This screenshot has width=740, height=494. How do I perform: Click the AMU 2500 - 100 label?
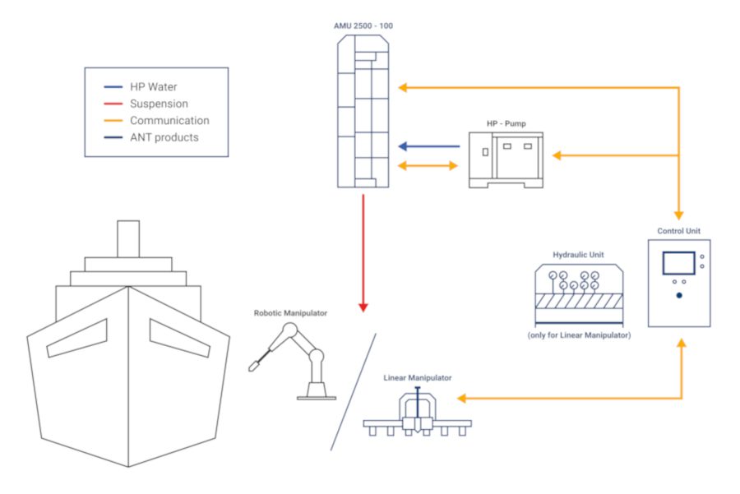(x=363, y=26)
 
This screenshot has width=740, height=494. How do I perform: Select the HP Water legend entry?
(x=153, y=87)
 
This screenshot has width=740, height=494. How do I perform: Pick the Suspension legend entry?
(x=159, y=104)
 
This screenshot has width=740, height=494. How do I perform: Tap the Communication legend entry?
(x=169, y=121)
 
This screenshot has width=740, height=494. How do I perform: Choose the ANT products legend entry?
(x=164, y=137)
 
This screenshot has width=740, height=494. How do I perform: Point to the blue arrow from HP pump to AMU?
(x=428, y=147)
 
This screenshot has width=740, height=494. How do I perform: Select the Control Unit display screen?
(x=678, y=262)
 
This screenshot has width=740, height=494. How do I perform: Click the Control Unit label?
(x=679, y=231)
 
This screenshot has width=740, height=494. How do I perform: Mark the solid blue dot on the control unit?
(x=679, y=295)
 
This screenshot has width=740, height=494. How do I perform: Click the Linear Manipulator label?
(x=417, y=378)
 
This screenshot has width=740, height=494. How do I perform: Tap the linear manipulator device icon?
(x=418, y=414)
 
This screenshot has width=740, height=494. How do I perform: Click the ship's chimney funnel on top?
(x=128, y=238)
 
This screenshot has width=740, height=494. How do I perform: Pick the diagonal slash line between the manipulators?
(x=354, y=391)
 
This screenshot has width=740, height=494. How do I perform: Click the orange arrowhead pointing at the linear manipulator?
(x=463, y=399)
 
